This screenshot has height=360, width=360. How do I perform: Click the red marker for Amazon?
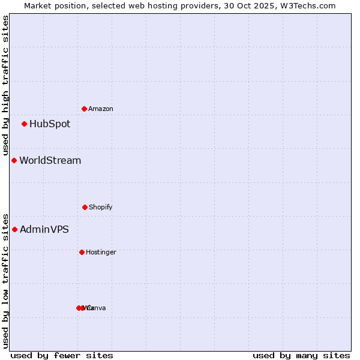tap(85, 109)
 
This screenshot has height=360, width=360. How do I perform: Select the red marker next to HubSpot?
tap(25, 124)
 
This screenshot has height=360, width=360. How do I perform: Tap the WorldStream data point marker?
tap(14, 161)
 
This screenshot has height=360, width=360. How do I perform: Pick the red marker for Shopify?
tap(85, 207)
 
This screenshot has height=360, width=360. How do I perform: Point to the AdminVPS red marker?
tap(15, 229)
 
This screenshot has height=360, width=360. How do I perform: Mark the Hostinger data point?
tap(82, 252)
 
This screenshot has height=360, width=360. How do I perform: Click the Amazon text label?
tap(101, 109)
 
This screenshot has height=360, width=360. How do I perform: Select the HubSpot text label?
tap(50, 124)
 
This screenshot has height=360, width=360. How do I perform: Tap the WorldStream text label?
tap(50, 161)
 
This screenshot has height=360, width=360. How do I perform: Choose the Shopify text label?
tap(101, 208)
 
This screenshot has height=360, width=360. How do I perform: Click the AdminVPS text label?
tap(44, 230)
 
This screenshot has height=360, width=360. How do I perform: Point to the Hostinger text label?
tap(101, 253)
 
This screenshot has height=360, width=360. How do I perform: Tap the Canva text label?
tap(97, 308)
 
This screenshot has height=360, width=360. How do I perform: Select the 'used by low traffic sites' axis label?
tap(6, 280)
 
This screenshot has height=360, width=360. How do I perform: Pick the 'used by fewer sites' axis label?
tap(62, 355)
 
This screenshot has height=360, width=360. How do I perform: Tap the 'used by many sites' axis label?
tap(301, 355)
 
